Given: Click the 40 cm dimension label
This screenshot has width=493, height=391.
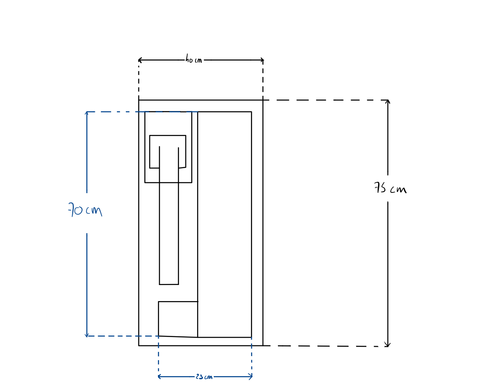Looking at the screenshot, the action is (194, 59).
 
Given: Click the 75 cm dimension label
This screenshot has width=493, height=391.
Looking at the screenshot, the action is (390, 188).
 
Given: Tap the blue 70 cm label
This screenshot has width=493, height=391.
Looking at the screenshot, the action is (85, 210).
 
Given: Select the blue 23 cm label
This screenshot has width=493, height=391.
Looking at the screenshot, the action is (204, 377).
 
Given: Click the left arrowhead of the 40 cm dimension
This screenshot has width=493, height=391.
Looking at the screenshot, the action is (139, 60).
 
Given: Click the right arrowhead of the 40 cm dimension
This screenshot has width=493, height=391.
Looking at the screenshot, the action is (263, 60).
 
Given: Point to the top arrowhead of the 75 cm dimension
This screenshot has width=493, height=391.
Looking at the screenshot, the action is (387, 100).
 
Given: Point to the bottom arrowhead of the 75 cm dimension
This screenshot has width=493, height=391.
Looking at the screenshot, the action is (387, 346).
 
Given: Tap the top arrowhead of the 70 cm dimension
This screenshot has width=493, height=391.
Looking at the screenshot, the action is (87, 112).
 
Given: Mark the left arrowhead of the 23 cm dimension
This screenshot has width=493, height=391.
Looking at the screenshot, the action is (158, 377).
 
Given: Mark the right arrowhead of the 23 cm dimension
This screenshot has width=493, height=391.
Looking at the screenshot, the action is (252, 377).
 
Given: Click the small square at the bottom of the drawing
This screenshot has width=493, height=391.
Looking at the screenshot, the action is (178, 319).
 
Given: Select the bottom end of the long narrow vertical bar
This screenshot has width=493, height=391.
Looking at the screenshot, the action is (169, 284).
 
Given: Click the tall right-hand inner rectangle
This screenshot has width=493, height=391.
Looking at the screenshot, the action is (225, 224).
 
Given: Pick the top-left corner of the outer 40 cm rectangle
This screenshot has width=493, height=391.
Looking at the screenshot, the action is (139, 100).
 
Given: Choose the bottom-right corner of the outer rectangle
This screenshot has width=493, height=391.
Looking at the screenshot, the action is (263, 346).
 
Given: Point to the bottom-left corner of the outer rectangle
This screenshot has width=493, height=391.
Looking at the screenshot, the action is (139, 346).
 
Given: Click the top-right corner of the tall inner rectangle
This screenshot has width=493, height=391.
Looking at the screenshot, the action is (251, 112).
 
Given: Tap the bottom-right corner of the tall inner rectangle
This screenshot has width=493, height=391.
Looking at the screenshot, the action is (251, 337).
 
